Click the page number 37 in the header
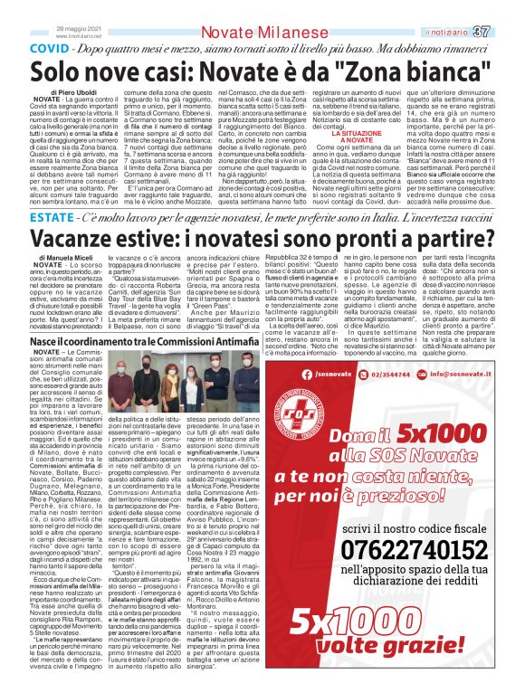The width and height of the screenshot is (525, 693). (x=506, y=8)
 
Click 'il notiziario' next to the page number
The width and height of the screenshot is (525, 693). (x=470, y=8)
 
